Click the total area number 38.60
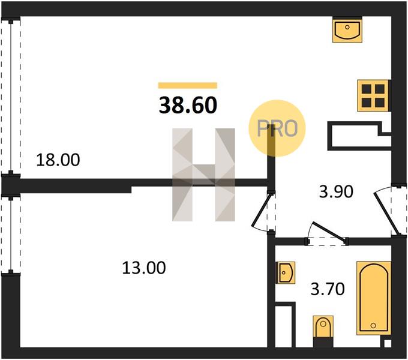187,106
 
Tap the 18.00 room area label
58,160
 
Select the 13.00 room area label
143,268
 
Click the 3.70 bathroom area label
327,290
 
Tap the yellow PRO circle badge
277,128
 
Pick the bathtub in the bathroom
373,298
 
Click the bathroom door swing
326,235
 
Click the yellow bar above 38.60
187,86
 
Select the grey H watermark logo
204,175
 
